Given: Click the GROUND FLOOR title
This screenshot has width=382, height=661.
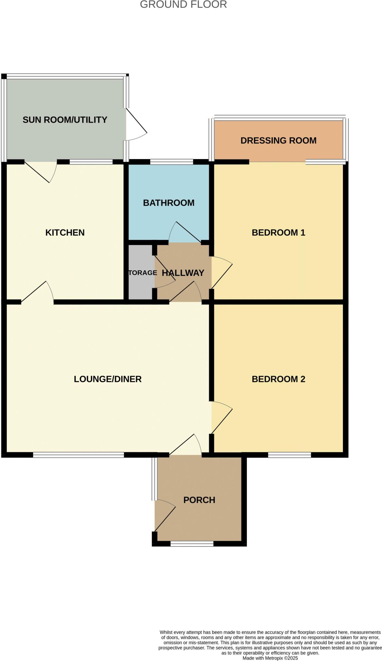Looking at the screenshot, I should tap(183, 5).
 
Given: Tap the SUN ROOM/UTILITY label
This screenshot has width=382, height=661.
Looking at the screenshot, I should tap(65, 120).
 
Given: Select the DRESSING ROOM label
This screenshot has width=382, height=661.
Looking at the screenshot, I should tap(278, 140).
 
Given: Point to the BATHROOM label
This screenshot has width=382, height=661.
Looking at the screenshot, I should tap(169, 203).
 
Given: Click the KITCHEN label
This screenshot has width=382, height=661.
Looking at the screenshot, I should tap(65, 232).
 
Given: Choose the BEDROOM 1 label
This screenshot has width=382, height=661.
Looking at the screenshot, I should tap(278, 232).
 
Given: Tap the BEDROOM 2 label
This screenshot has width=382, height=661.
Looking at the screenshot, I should tap(278, 379).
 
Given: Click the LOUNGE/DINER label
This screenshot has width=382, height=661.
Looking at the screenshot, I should tap(108, 379).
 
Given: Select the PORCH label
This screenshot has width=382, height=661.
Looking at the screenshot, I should tap(199, 500).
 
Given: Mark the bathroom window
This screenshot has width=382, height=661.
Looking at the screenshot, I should tap(171, 162).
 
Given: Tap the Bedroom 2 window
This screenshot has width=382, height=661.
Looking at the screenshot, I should tap(289, 455).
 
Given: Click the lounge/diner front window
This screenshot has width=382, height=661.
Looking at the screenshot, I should tap(78, 455).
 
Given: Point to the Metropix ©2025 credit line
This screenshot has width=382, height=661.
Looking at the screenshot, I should tap(270, 658).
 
